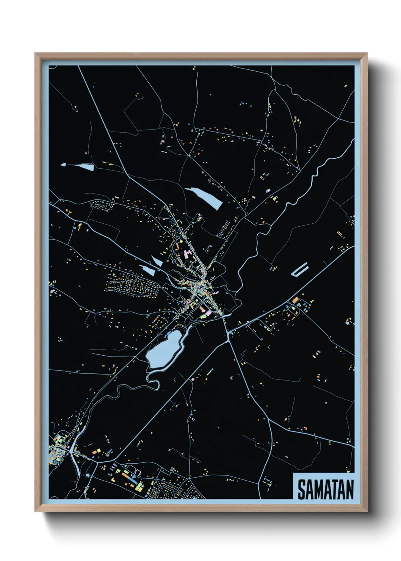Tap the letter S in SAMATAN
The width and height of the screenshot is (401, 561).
pyautogui.click(x=302, y=490)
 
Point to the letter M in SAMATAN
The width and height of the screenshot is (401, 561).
pyautogui.click(x=318, y=490)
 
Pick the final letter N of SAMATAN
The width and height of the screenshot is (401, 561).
pyautogui.click(x=349, y=490)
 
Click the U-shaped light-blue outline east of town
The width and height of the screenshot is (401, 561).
pyautogui.click(x=300, y=270)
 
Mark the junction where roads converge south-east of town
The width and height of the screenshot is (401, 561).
pyautogui.click(x=228, y=333)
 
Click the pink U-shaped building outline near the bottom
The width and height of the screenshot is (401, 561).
pyautogui.click(x=138, y=472)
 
